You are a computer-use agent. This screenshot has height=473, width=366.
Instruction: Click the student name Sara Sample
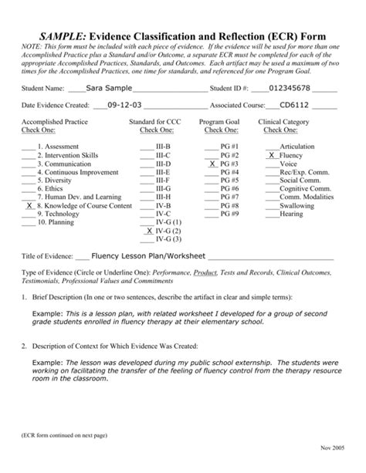[109, 88]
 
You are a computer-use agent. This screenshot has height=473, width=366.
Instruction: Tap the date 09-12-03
[124, 106]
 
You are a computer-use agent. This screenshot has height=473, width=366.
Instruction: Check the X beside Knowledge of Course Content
[29, 206]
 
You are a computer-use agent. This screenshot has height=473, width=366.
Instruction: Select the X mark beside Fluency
[272, 155]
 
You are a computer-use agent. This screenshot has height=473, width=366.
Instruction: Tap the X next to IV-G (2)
[148, 230]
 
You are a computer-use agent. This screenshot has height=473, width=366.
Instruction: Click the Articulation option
[297, 145]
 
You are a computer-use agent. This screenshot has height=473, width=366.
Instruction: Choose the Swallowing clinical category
[297, 205]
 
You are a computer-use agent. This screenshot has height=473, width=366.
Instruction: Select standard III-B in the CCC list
[163, 145]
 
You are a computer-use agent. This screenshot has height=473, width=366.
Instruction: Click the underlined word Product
[205, 272]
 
